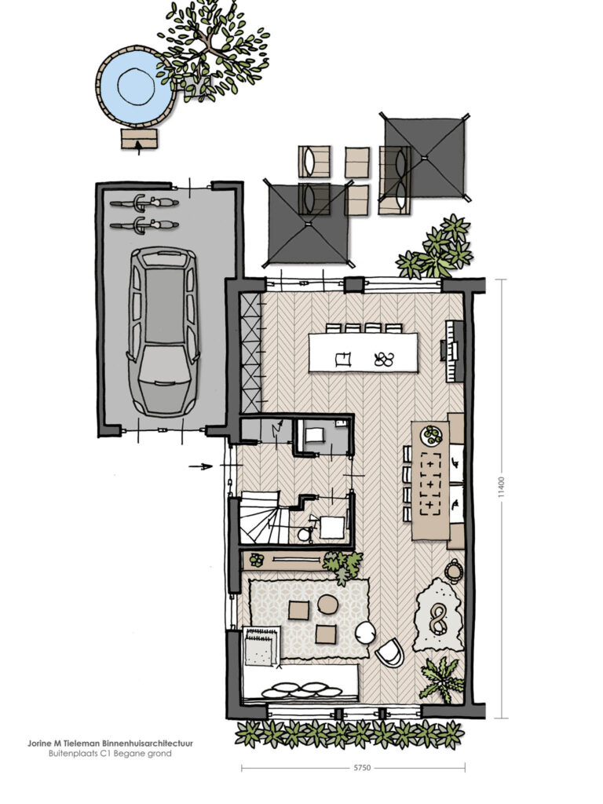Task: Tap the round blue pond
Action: pos(136,86)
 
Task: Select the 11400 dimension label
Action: pos(502,487)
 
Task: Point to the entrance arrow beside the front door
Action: pos(200,466)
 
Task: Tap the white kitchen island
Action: pos(364,353)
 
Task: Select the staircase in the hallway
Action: pos(260,517)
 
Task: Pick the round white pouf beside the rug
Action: pos(365,633)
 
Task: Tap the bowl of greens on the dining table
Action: pos(431,435)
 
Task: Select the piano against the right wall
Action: pos(453,351)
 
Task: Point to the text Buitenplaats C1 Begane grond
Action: pos(110,754)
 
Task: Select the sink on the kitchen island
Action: pos(343,359)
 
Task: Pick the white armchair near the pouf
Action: pos(389,652)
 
